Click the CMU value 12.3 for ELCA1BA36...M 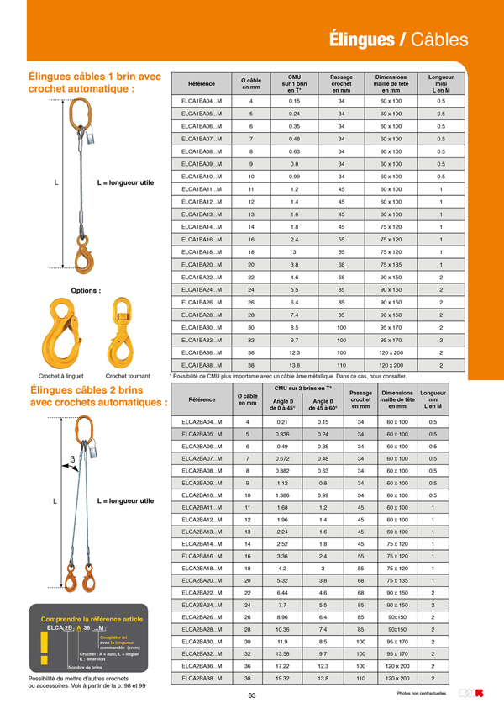(294, 353)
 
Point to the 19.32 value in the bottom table (282, 678)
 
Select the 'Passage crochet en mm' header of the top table (341, 83)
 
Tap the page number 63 (252, 695)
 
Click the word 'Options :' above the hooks (86, 290)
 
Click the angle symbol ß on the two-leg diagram (72, 459)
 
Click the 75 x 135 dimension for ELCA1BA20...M (391, 264)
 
